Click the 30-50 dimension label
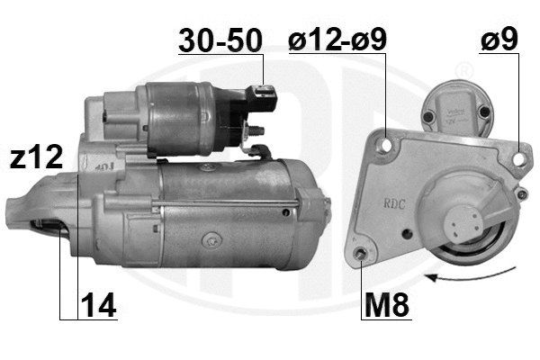tap(220, 40)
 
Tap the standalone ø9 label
tap(500, 40)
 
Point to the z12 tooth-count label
tap(36, 157)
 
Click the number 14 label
tap(99, 306)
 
